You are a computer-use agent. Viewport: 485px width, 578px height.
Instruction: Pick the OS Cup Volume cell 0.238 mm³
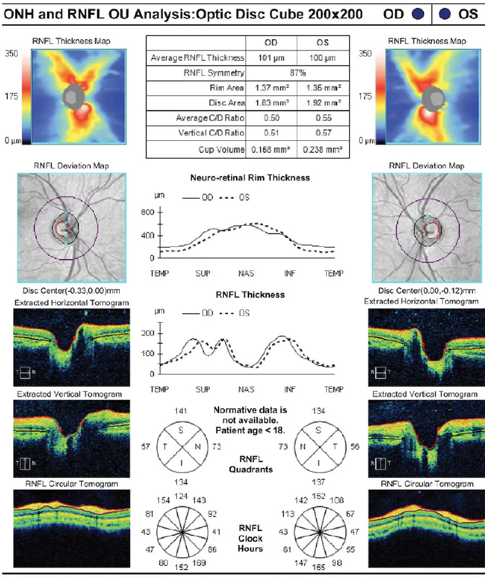[x=322, y=149]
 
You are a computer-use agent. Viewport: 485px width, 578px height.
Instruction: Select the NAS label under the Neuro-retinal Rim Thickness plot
[x=246, y=273]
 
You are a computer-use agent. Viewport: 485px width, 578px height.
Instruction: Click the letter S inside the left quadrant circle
[x=182, y=431]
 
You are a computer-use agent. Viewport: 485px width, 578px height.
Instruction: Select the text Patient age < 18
[x=249, y=430]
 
